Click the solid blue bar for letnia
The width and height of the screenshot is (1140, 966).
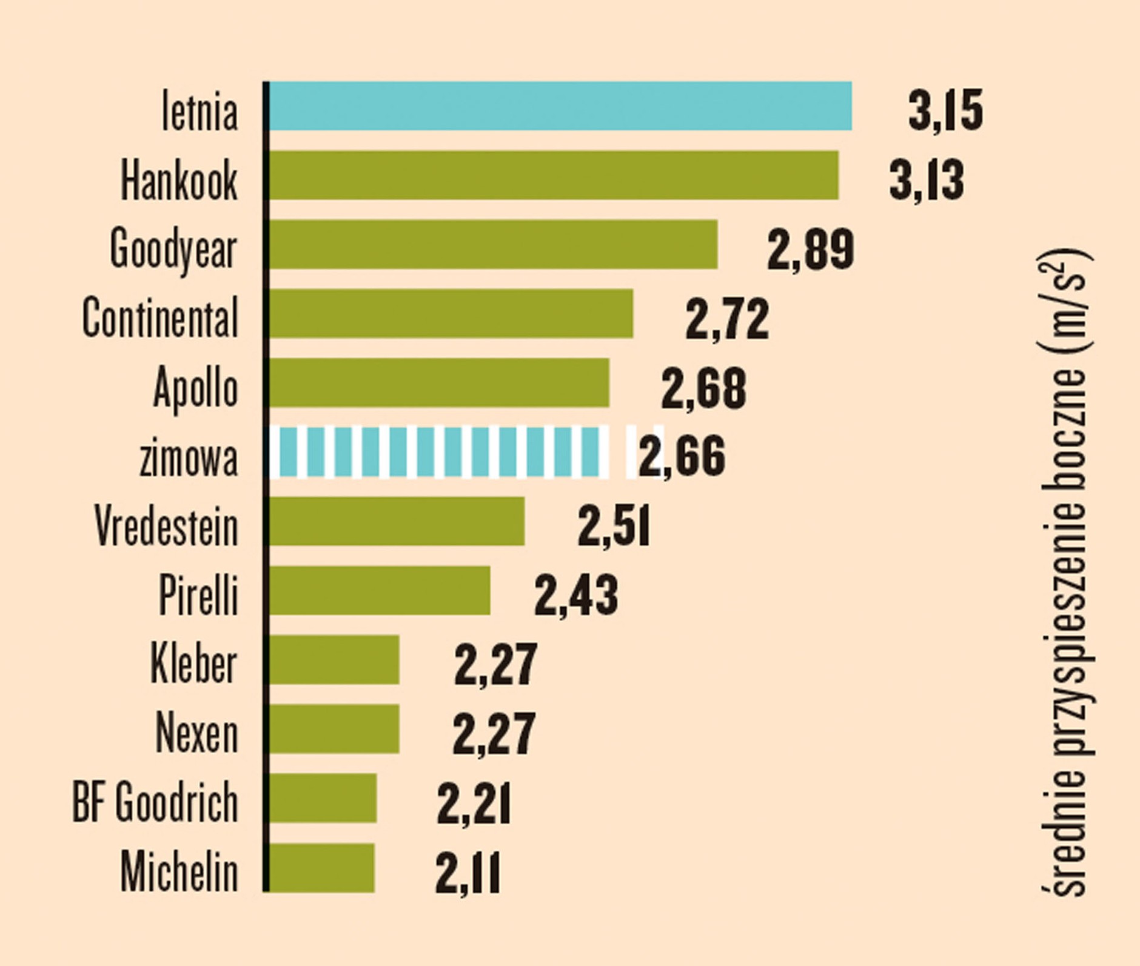coord(560,106)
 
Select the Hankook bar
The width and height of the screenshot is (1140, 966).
coord(554,175)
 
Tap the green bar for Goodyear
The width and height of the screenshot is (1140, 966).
coord(493,244)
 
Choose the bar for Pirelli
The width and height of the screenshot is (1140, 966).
coord(380,590)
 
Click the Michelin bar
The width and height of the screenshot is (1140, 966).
coord(322,867)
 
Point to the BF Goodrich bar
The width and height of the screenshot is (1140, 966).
coord(323,798)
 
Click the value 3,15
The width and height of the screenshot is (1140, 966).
coord(945,110)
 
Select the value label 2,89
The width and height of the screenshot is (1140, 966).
coord(810,249)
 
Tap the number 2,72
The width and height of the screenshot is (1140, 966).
coord(726,318)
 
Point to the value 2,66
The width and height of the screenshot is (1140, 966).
coord(682,456)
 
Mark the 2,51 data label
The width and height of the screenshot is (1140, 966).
coord(613,526)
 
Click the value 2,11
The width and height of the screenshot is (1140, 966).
coord(467,873)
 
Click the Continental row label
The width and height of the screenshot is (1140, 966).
coord(160,317)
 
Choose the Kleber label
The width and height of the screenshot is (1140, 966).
coord(193,664)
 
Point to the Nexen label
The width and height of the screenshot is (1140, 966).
coord(196,733)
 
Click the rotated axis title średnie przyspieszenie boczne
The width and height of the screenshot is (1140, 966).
coord(1065,573)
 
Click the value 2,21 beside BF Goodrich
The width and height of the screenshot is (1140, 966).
coord(473,804)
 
